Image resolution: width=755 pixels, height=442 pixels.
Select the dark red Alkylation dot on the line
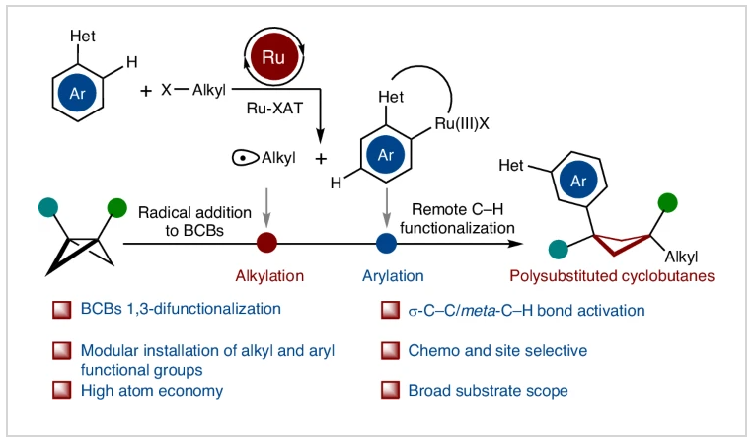click(265, 242)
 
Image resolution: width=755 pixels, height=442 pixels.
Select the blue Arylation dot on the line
click(387, 242)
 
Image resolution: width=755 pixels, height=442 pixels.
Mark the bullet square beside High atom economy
click(61, 391)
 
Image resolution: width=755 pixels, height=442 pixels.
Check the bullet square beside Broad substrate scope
click(389, 391)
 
